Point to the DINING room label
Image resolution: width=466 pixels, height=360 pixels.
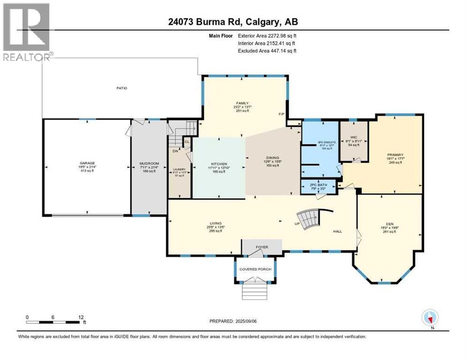tap(272, 158)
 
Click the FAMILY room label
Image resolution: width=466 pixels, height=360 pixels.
tap(242, 103)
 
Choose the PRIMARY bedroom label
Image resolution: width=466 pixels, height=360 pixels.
tap(395, 155)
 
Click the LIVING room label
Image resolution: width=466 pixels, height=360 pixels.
tap(216, 223)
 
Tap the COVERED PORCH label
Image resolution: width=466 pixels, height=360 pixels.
tap(255, 269)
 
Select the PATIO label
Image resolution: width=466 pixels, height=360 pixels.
tap(122, 88)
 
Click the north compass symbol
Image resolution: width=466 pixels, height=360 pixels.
tap(429, 318)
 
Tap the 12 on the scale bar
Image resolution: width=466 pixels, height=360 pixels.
tap(82, 317)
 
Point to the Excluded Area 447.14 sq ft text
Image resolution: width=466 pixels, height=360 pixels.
tap(267, 51)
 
